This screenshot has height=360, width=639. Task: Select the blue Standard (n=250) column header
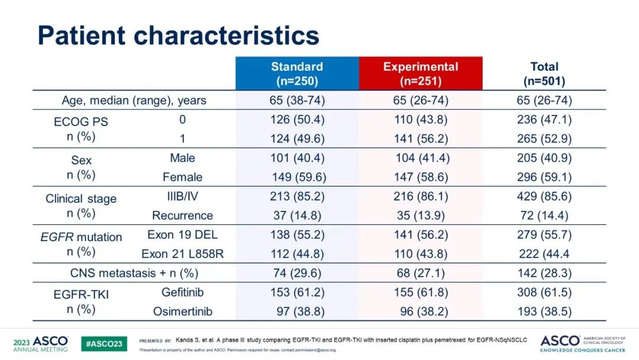click(x=297, y=73)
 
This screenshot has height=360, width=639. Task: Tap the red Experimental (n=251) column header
click(x=421, y=73)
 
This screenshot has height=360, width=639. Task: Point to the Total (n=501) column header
click(x=544, y=73)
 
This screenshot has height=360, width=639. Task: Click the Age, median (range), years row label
click(x=134, y=100)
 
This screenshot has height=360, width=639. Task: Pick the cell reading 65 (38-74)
click(x=297, y=100)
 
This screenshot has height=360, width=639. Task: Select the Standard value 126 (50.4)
click(x=297, y=120)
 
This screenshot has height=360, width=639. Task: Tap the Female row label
click(x=182, y=177)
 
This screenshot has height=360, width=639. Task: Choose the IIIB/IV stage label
click(x=182, y=197)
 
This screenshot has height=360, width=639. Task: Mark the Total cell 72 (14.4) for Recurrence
click(x=544, y=216)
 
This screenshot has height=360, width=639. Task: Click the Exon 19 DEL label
click(x=182, y=234)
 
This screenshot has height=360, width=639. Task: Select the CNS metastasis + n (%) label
click(x=134, y=273)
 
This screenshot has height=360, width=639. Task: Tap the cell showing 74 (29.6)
click(x=297, y=273)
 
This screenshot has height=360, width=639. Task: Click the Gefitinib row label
click(x=182, y=292)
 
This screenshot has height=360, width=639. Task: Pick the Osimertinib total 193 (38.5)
click(x=544, y=311)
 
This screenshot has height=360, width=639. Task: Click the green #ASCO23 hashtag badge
click(x=104, y=343)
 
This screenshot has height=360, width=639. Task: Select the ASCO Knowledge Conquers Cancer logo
click(x=582, y=343)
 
